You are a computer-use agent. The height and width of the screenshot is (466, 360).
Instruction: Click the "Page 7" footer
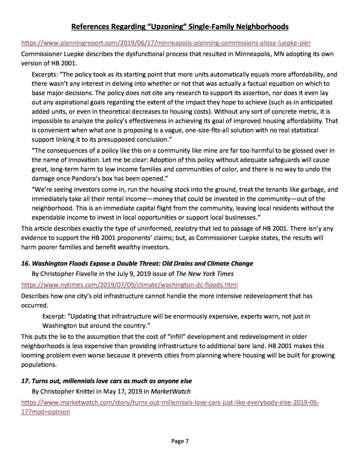coord(180,441)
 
